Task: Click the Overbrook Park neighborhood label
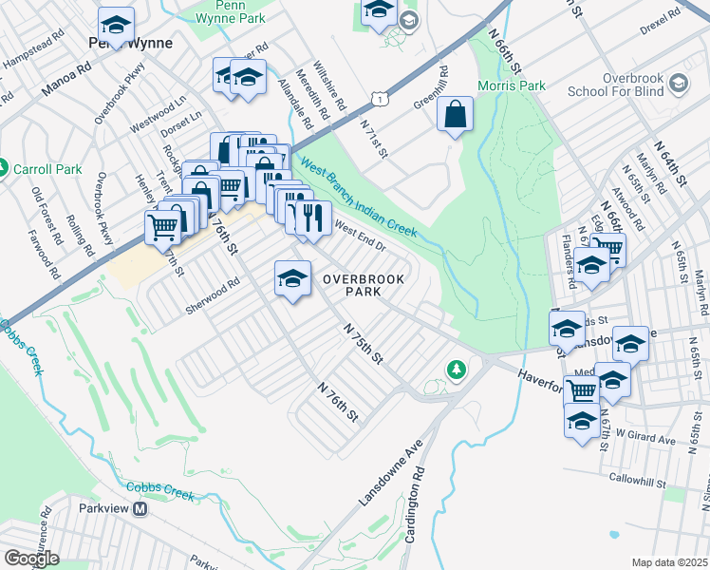coord(364,285)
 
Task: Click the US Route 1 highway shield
coord(379,98)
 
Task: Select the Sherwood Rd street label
coord(214,288)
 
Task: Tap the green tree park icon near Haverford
coord(457,370)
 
